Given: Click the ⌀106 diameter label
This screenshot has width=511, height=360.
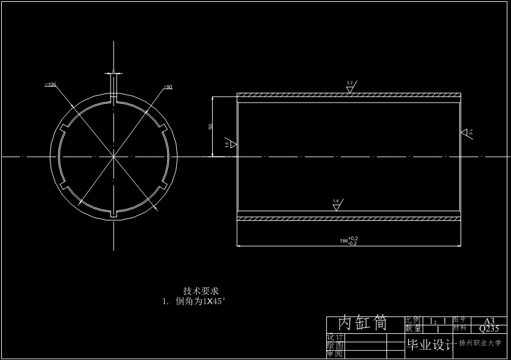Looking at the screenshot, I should (50, 85).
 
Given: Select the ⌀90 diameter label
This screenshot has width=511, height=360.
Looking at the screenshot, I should (168, 87).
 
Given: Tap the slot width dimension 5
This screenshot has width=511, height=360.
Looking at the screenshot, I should (113, 72).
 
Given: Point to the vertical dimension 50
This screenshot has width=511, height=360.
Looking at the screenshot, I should (210, 126).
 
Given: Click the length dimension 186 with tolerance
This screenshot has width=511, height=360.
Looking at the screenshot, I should (349, 241).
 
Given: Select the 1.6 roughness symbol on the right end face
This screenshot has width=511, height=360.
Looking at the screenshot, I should (466, 132).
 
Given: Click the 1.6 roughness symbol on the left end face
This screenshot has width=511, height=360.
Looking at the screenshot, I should (230, 144).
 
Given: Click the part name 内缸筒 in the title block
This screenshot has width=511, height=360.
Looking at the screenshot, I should (363, 323).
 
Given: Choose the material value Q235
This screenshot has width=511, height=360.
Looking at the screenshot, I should (489, 328).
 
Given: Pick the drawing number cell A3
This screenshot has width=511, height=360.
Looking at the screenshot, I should (489, 321).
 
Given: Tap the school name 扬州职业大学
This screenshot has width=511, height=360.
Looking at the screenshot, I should (480, 343).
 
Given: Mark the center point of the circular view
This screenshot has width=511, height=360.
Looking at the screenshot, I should (113, 157).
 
